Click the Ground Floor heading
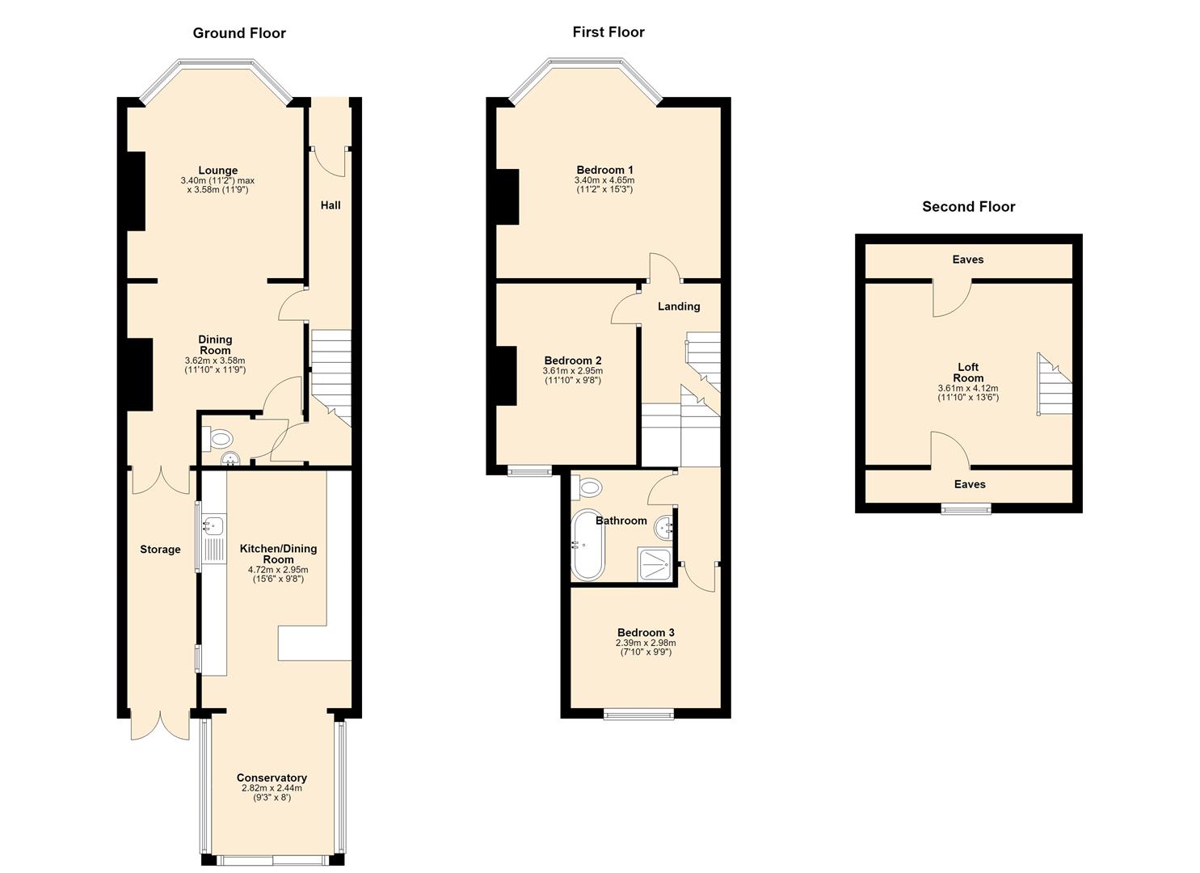(x=239, y=33)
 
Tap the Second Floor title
(x=968, y=207)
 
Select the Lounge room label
(x=218, y=171)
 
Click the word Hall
(x=331, y=205)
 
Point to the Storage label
(x=160, y=550)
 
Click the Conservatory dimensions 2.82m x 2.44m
(x=272, y=788)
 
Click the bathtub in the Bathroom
(x=587, y=545)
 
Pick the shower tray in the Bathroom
(x=653, y=563)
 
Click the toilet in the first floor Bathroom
(x=587, y=487)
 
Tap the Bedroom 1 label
(x=604, y=170)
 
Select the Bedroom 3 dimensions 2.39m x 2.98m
(x=646, y=643)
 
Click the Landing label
(x=679, y=306)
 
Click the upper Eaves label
(x=968, y=259)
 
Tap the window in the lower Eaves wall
(x=966, y=508)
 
